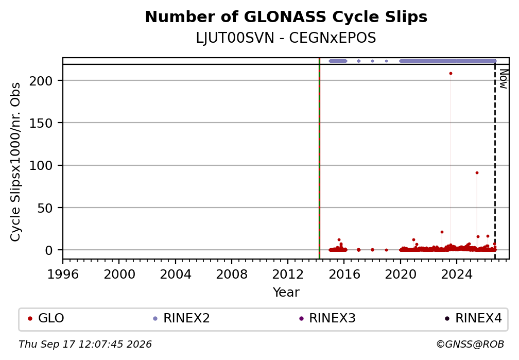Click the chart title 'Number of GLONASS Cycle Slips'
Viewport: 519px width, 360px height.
[x=286, y=17]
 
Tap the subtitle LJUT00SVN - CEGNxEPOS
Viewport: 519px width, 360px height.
[x=286, y=38]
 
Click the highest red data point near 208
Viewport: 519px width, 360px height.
[x=451, y=74]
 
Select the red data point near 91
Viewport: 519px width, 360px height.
[x=477, y=173]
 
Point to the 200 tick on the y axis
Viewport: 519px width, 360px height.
[x=41, y=80]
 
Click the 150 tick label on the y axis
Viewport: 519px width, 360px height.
[x=41, y=123]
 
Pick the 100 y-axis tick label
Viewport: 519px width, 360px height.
[x=41, y=165]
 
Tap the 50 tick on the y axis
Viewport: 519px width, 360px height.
[x=45, y=208]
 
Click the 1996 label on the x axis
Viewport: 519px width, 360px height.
[x=63, y=274]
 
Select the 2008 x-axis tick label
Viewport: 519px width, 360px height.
[x=232, y=274]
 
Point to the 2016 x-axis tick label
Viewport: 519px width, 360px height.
[x=344, y=274]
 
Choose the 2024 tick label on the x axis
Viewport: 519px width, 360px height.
[x=456, y=274]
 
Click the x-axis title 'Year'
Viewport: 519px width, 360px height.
[x=286, y=292]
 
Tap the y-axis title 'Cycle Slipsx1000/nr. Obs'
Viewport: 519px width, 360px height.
[x=15, y=162]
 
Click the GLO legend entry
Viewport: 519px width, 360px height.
[x=46, y=318]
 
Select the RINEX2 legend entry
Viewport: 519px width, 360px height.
[x=181, y=318]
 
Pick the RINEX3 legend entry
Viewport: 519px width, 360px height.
[x=327, y=318]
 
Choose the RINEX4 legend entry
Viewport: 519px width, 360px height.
[x=473, y=318]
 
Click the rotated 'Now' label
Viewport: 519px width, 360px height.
[x=504, y=79]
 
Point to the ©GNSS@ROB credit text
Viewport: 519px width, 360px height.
[x=470, y=345]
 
